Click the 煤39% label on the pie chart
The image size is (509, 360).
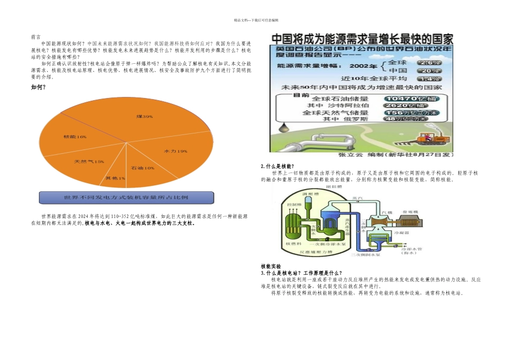145,116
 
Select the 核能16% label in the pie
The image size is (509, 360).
75,137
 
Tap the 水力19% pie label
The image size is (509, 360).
176,151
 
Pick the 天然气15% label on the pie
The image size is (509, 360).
89,161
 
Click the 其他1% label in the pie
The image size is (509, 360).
115,178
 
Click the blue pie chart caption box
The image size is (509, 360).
126,197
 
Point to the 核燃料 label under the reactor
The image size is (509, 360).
295,244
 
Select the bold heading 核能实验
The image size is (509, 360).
271,266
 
